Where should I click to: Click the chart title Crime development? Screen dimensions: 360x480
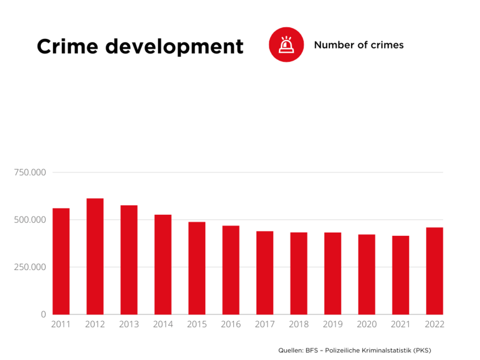point(140,46)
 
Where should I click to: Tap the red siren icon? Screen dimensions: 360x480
point(286,44)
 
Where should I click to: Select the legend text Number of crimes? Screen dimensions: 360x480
point(359,45)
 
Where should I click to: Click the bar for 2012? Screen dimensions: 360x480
point(95,256)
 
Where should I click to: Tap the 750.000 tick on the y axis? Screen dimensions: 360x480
point(29,173)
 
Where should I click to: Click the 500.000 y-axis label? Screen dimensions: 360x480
point(29,220)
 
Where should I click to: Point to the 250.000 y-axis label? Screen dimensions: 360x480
point(29,267)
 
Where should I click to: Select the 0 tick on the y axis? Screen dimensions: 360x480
point(43,314)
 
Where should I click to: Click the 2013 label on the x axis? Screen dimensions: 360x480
point(129,325)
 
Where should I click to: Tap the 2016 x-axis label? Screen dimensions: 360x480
point(230,325)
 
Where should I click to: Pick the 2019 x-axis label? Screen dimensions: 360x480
point(332,325)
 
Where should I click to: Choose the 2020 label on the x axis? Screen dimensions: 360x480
point(367,325)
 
